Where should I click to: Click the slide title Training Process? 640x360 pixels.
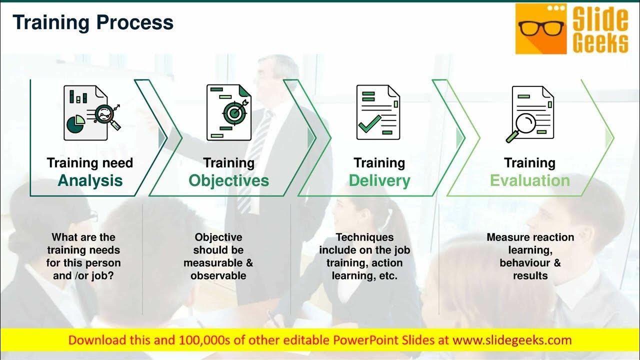coord(93,22)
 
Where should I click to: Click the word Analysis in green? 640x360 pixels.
coord(90,180)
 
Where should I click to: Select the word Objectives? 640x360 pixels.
coord(228,180)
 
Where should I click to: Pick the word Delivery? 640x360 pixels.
coord(379,180)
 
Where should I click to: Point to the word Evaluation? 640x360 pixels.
coord(529,180)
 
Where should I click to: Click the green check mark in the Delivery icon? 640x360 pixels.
coord(369,123)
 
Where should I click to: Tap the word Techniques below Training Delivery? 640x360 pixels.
coord(364,237)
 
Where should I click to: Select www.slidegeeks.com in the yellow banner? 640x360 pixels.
coord(512,340)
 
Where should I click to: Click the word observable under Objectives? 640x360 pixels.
coord(218,275)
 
